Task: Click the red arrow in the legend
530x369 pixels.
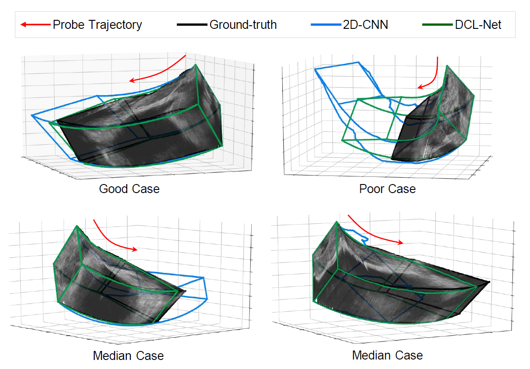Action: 35,24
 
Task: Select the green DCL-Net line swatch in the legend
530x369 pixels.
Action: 438,24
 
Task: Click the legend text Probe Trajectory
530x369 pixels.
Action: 97,24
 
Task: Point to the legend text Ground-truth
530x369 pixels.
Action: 243,24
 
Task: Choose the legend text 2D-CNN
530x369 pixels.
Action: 365,24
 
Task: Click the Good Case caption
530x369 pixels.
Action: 129,189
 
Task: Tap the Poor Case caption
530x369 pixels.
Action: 387,189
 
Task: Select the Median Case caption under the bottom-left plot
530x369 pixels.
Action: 128,356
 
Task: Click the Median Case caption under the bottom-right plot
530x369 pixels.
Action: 387,355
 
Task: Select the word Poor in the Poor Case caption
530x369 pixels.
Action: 372,189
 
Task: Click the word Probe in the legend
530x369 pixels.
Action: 68,24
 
